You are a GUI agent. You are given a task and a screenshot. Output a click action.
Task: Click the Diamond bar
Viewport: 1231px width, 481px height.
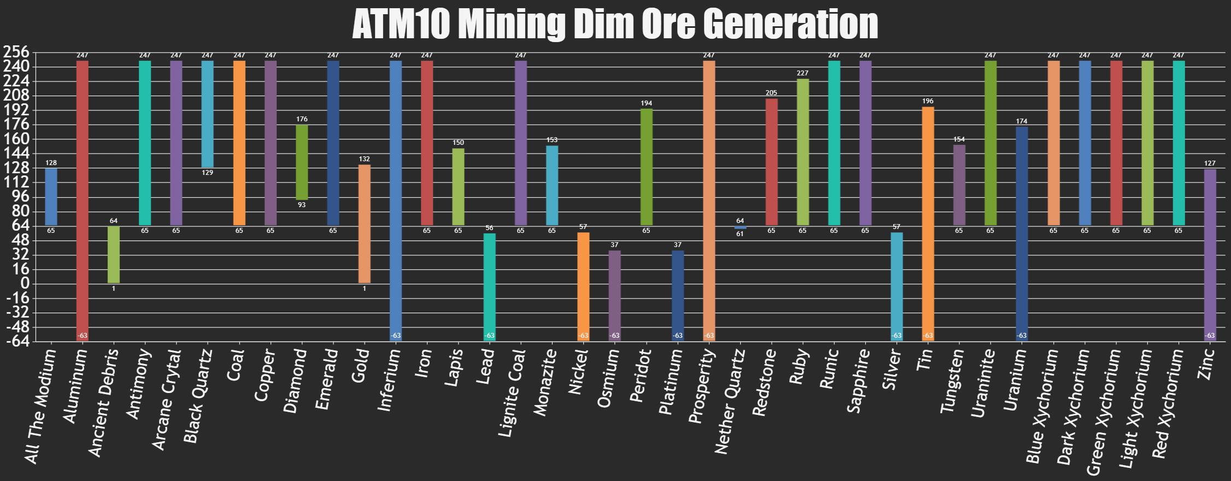coord(302,162)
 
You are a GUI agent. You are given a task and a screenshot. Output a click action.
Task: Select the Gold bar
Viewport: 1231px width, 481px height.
coord(365,224)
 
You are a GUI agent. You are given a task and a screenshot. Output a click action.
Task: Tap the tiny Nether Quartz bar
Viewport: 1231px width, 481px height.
coord(740,227)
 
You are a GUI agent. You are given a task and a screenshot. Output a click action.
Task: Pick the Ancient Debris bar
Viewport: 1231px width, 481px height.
coord(114,254)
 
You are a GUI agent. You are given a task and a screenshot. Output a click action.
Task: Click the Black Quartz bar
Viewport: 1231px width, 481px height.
coord(208,114)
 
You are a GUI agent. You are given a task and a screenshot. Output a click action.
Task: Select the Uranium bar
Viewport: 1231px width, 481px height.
coord(1022,234)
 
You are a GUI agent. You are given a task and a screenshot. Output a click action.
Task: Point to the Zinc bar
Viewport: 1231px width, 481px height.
coord(1210,255)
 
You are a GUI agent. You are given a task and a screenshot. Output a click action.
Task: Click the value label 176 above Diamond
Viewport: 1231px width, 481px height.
coord(302,119)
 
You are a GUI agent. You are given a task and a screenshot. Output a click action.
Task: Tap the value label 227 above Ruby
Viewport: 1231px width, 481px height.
coord(803,73)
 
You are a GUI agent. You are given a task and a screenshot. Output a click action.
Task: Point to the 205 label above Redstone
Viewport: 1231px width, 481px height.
coord(771,93)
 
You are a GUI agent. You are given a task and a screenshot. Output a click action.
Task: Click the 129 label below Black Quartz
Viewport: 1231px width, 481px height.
coord(208,173)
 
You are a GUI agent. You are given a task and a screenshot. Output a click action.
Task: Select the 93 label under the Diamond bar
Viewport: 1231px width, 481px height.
coord(302,206)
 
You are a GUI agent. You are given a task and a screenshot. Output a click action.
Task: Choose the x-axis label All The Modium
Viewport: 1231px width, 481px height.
coord(40,407)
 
